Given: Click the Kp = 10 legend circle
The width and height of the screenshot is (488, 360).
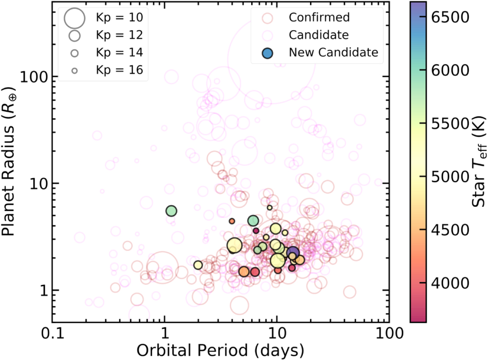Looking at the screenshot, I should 75,18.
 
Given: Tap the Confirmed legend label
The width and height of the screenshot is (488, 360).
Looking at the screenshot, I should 319,18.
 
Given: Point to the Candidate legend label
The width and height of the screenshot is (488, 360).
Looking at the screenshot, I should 319,35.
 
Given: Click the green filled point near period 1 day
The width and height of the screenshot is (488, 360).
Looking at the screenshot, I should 171,211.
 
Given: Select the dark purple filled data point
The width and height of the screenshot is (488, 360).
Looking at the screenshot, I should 293,253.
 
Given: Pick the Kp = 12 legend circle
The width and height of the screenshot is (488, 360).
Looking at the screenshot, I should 75,35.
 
